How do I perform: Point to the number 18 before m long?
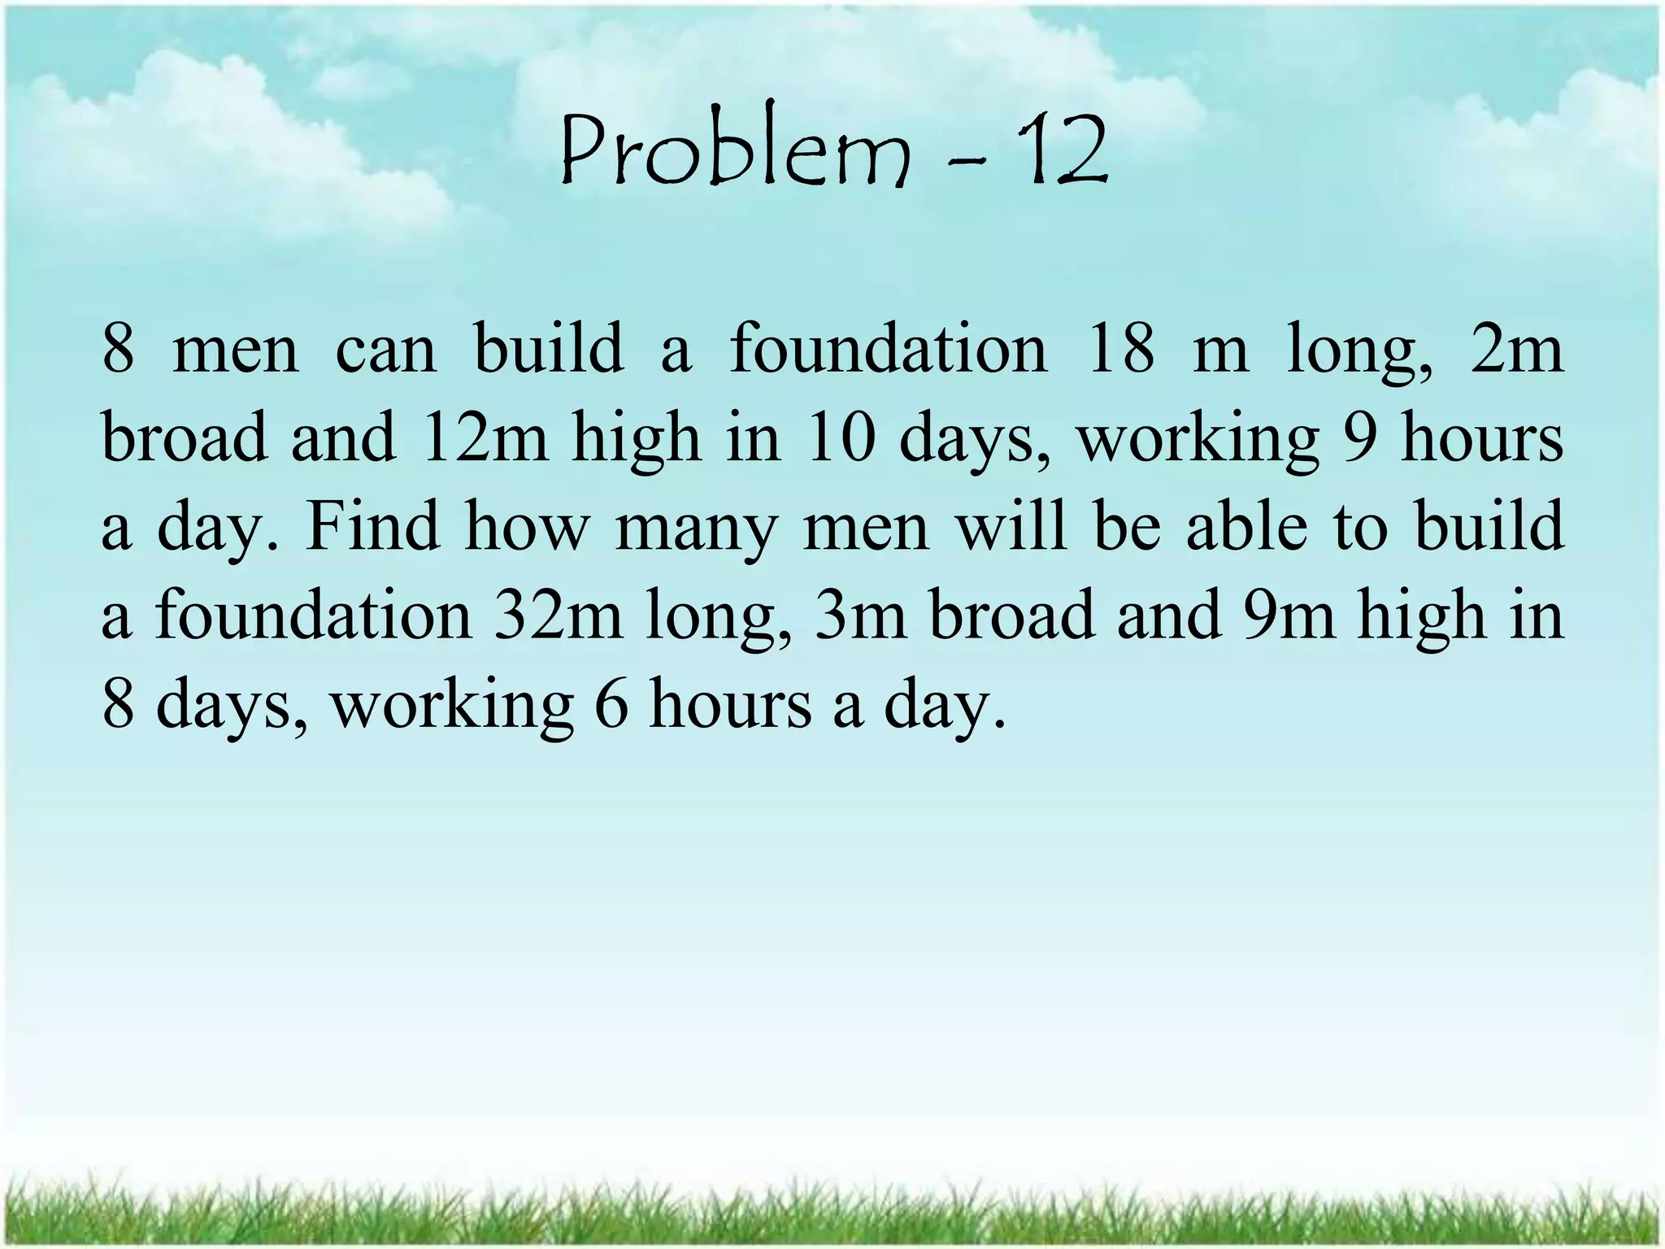[x=1119, y=349]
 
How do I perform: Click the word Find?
[x=371, y=527]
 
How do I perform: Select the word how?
[x=526, y=527]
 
